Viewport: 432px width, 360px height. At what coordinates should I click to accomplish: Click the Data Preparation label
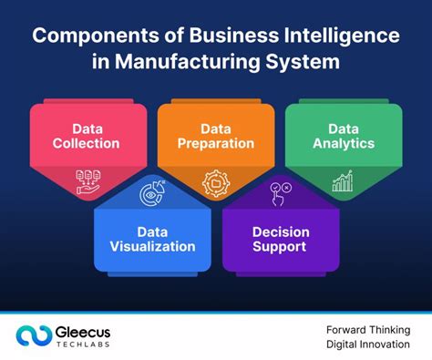(215, 135)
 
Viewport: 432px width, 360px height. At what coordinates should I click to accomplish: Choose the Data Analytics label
(343, 135)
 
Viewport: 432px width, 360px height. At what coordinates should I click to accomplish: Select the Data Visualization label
(152, 239)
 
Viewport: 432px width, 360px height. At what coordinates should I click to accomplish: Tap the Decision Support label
(281, 239)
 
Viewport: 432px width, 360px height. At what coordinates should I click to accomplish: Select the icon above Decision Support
(279, 193)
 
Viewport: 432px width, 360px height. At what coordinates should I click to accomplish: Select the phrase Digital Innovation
(367, 345)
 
